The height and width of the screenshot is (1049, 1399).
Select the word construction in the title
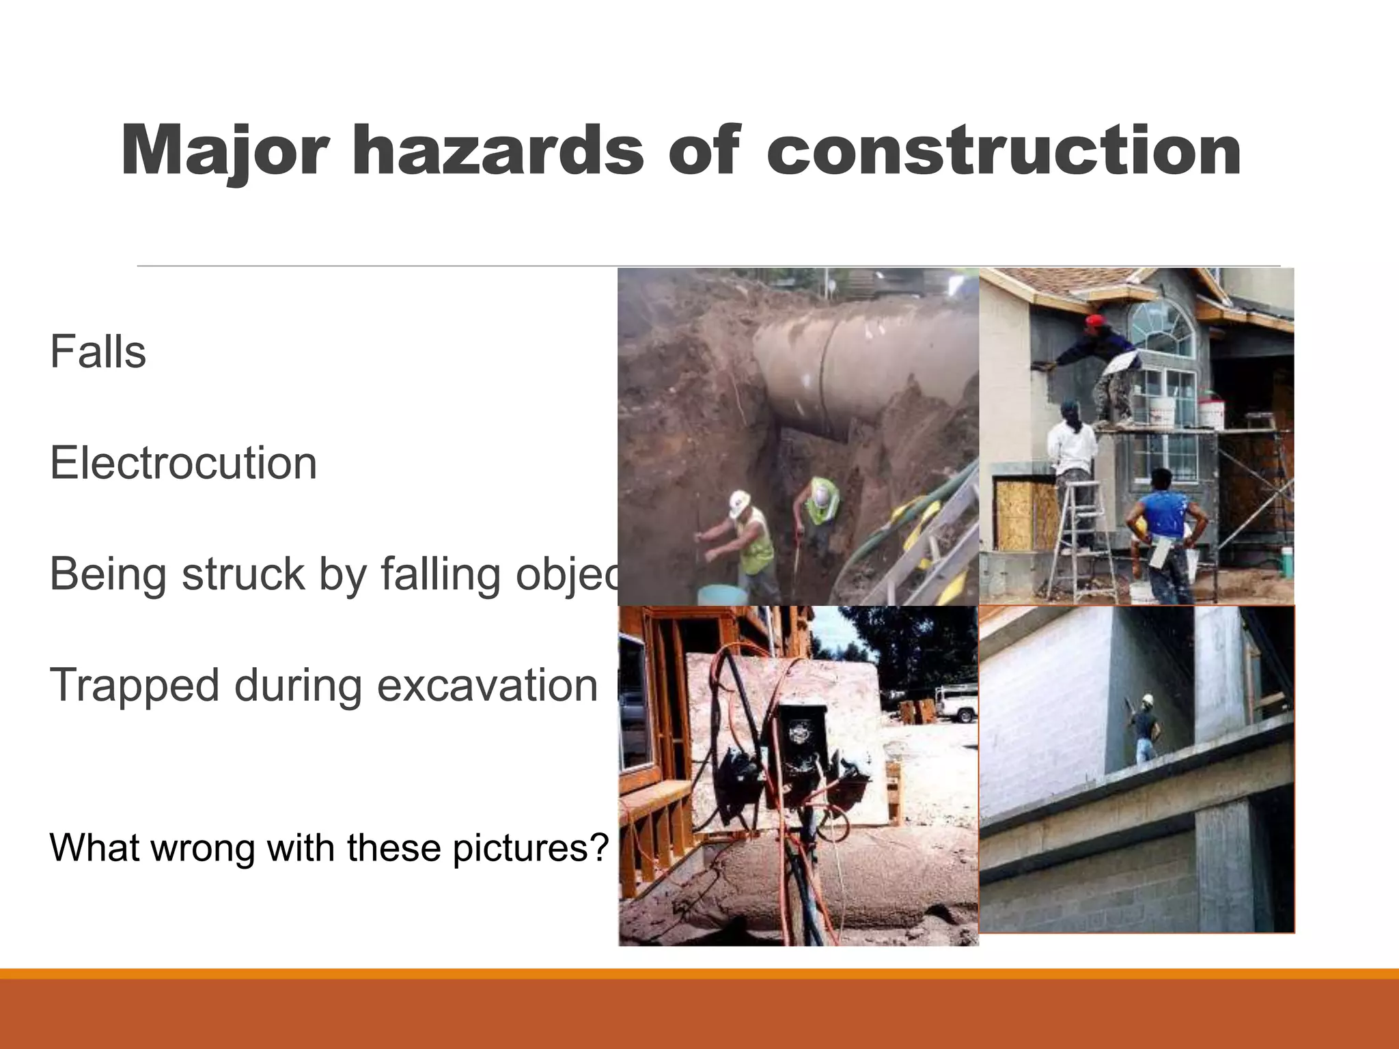pyautogui.click(x=1003, y=152)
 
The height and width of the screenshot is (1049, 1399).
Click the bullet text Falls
pyautogui.click(x=98, y=352)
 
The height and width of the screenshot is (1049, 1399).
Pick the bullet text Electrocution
pyautogui.click(x=183, y=464)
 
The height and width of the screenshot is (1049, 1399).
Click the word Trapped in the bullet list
pyautogui.click(x=134, y=686)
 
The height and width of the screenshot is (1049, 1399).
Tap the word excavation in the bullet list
pyautogui.click(x=487, y=686)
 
